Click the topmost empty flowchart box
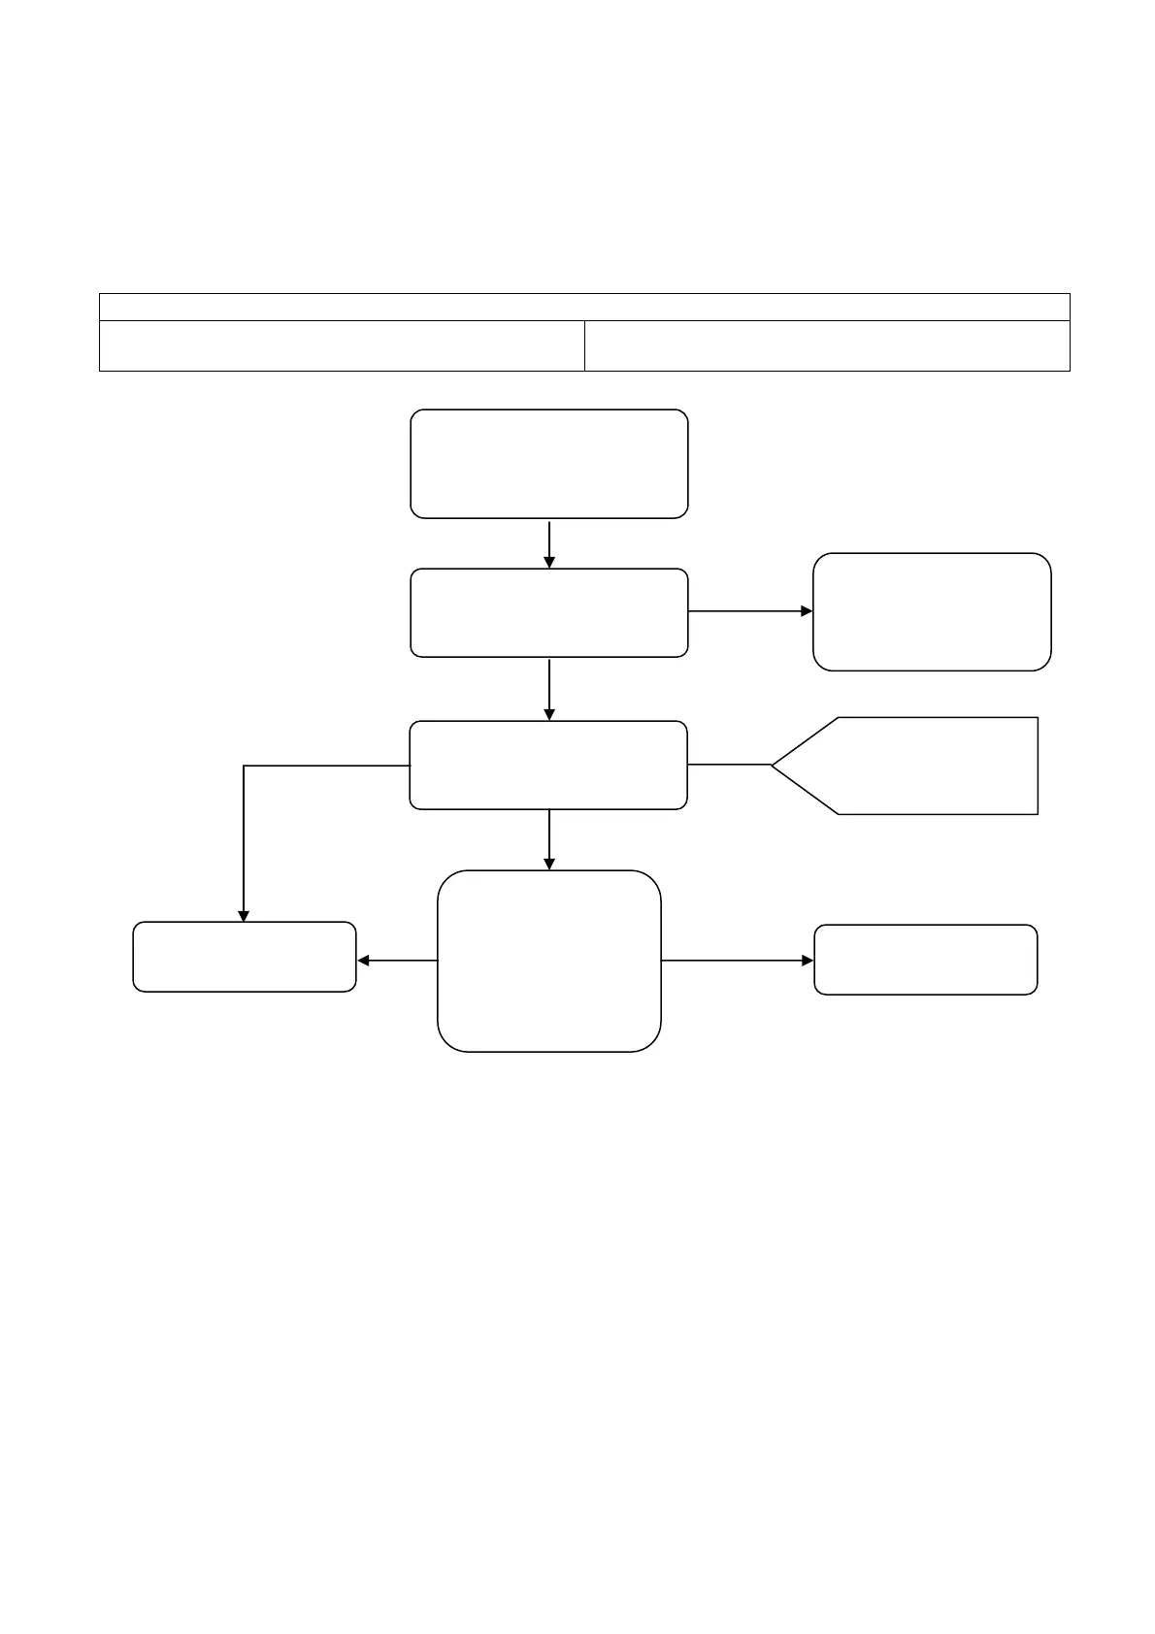548,464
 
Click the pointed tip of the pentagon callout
774,766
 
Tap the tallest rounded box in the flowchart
548,961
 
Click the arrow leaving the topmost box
549,543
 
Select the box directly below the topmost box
548,613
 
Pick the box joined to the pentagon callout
548,766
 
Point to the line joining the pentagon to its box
729,766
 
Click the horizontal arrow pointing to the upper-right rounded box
749,611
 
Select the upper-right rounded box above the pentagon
932,611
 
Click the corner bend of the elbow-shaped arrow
244,767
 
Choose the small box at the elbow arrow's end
244,957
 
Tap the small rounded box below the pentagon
925,960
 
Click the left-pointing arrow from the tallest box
398,961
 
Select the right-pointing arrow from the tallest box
738,961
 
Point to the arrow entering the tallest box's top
549,839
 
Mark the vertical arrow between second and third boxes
549,689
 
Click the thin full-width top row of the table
584,307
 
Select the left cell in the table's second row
342,345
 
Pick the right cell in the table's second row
827,345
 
